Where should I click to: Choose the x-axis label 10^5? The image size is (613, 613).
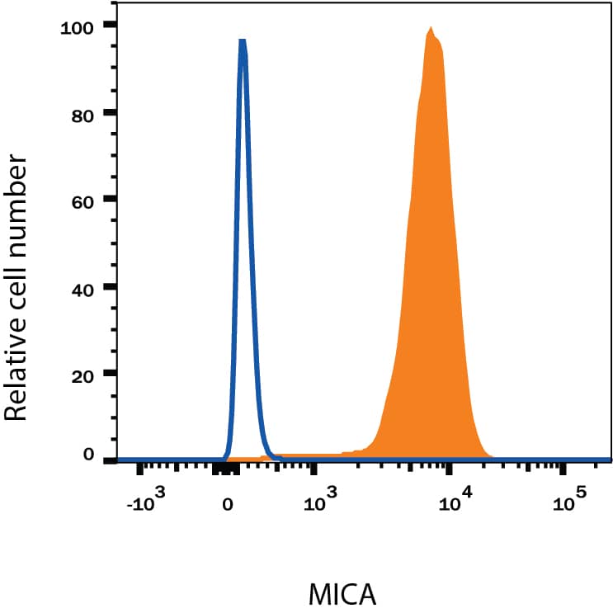569,500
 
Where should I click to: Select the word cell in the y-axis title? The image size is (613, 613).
18,285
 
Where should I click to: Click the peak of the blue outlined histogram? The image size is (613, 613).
243,40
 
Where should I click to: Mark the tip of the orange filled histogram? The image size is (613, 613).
431,28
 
